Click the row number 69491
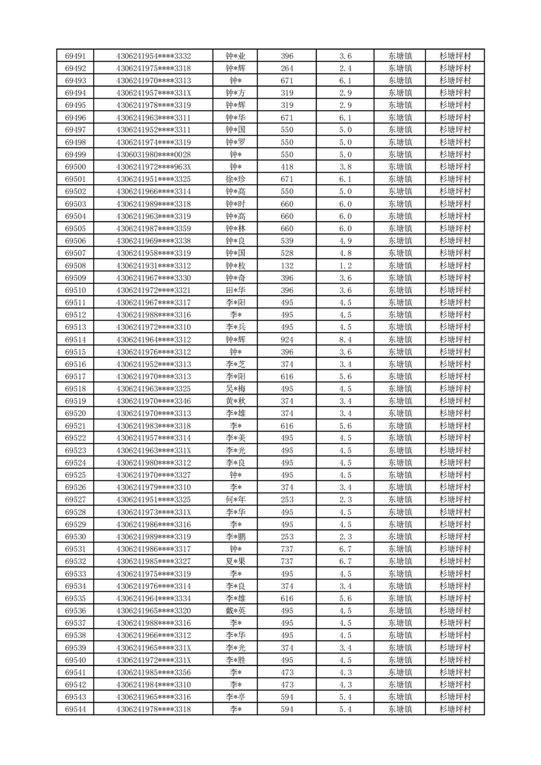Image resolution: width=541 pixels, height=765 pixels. tap(75, 56)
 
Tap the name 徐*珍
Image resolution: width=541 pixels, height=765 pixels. tap(236, 179)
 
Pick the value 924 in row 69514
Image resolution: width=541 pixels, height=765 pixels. tap(287, 340)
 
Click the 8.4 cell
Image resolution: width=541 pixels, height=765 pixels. tap(345, 340)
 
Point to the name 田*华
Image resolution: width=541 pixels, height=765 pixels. tap(236, 290)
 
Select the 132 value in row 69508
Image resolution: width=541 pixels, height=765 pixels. tap(287, 266)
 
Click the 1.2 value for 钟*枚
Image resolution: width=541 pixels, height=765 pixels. tap(345, 266)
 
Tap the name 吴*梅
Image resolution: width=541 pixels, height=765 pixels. tap(236, 389)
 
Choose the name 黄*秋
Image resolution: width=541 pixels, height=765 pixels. tap(236, 401)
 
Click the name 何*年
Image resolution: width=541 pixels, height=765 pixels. tap(236, 500)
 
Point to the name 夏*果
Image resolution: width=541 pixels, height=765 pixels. tap(236, 561)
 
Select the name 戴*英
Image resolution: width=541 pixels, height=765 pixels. tap(236, 611)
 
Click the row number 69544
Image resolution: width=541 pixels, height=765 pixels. tap(75, 709)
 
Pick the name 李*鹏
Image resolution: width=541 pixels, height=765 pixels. tap(236, 537)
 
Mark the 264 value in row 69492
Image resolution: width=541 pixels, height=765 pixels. tap(287, 68)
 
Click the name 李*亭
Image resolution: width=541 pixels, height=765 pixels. tap(236, 697)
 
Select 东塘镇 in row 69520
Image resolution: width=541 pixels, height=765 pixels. tap(399, 413)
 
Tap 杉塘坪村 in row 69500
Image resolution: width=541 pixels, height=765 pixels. tap(455, 167)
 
